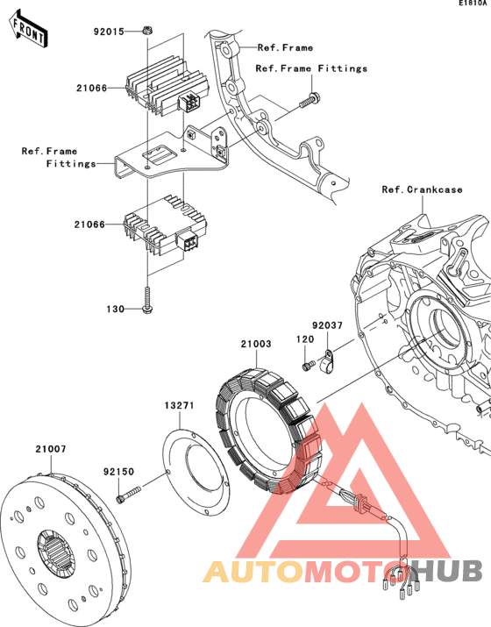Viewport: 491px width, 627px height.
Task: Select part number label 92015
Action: (111, 32)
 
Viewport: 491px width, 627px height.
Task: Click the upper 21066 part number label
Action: (91, 87)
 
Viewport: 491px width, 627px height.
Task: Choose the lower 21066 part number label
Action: (91, 224)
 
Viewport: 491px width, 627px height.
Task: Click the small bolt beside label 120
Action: (309, 365)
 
